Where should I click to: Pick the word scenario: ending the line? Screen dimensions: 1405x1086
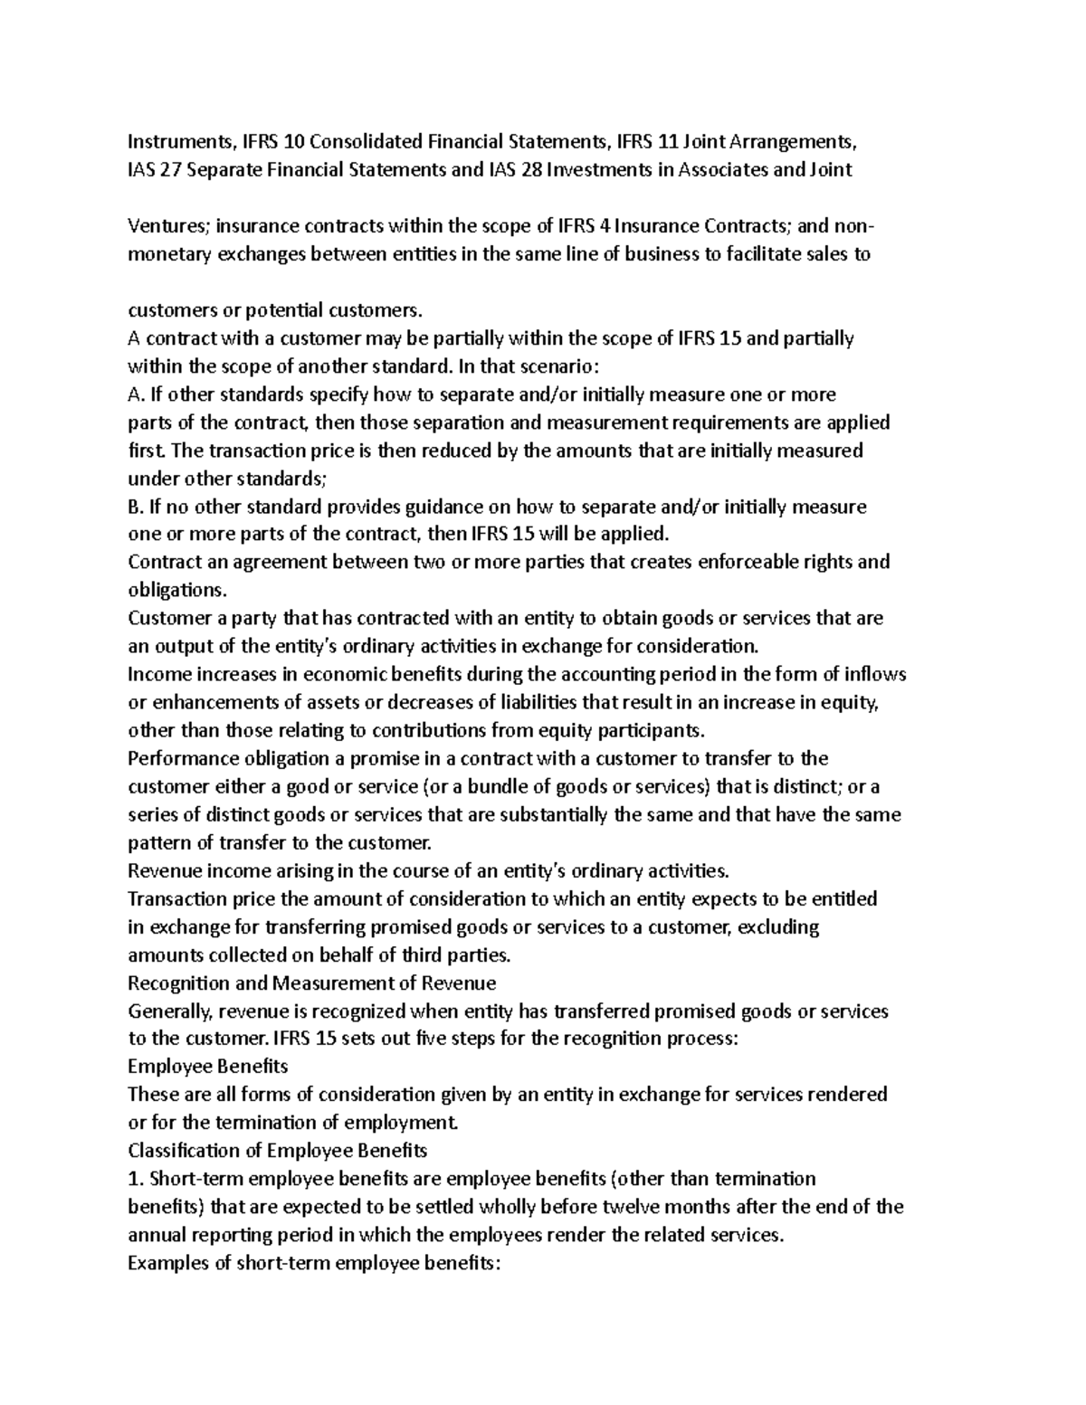[x=551, y=366]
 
